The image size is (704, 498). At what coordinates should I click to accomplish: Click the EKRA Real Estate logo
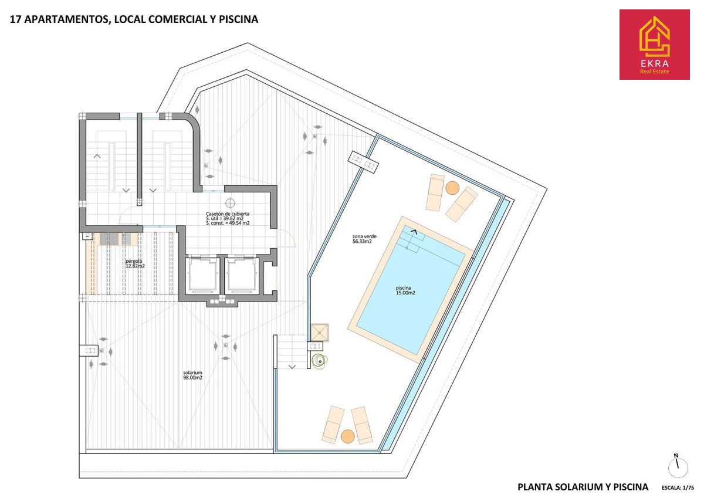(654, 45)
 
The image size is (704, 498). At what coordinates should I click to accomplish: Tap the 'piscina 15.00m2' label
(405, 290)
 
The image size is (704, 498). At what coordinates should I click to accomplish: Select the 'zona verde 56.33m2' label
(364, 239)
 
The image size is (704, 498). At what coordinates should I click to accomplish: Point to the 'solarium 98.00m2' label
(192, 375)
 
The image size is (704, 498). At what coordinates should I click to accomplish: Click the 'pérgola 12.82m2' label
(135, 263)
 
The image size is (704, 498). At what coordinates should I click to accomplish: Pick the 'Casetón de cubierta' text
(228, 214)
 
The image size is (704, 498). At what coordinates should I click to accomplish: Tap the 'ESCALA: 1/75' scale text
(678, 487)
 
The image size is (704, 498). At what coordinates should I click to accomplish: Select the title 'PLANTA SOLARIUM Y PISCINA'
(583, 487)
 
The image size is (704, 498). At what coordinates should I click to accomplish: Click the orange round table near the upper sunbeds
(452, 188)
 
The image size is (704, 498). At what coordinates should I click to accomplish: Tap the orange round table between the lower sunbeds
(347, 436)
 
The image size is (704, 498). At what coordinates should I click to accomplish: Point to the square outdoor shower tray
(320, 333)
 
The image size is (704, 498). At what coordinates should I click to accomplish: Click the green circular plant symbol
(320, 361)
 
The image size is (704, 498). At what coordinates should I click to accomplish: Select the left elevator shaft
(201, 276)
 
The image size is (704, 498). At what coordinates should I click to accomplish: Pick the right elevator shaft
(241, 276)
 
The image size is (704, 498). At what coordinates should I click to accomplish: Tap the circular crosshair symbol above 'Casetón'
(230, 203)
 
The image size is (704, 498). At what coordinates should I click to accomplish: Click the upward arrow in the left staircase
(97, 156)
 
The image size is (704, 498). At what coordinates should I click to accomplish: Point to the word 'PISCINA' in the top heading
(239, 19)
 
